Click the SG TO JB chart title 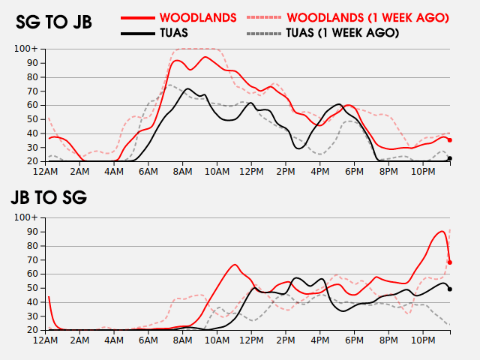pos(54,22)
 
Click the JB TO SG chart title pos(49,198)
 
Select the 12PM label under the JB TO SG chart pos(251,340)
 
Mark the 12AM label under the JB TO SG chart pos(46,340)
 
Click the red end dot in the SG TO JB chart pos(450,140)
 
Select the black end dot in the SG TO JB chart pos(450,158)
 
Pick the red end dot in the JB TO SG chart pos(450,262)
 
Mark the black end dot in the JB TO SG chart pos(450,289)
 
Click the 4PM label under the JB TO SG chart pos(320,340)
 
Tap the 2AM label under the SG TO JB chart pos(80,172)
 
